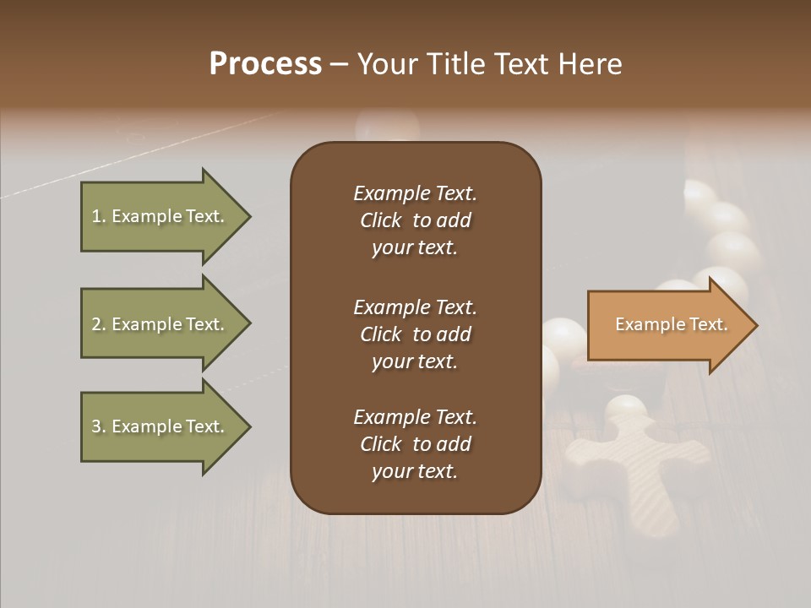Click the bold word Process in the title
[265, 64]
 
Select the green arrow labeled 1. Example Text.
[161, 216]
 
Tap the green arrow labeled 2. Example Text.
[161, 324]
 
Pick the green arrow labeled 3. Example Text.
[161, 426]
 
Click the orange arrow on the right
[667, 325]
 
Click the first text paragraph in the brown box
[415, 220]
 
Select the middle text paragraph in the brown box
[415, 334]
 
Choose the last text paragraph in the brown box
[415, 444]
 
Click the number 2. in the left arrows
[99, 324]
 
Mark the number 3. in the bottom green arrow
[99, 426]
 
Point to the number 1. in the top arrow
[99, 216]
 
